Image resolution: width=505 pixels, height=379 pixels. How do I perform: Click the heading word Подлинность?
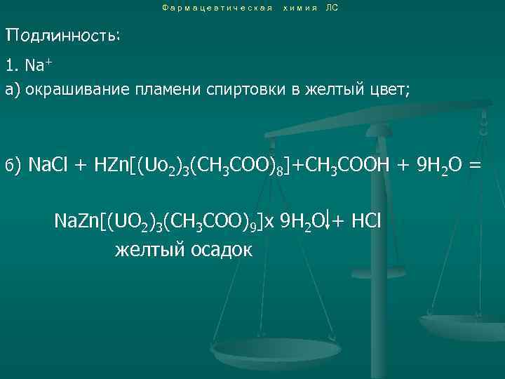[x=62, y=35]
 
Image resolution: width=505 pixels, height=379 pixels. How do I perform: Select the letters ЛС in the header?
[x=332, y=8]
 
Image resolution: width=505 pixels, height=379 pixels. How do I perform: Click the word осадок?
[x=220, y=251]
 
